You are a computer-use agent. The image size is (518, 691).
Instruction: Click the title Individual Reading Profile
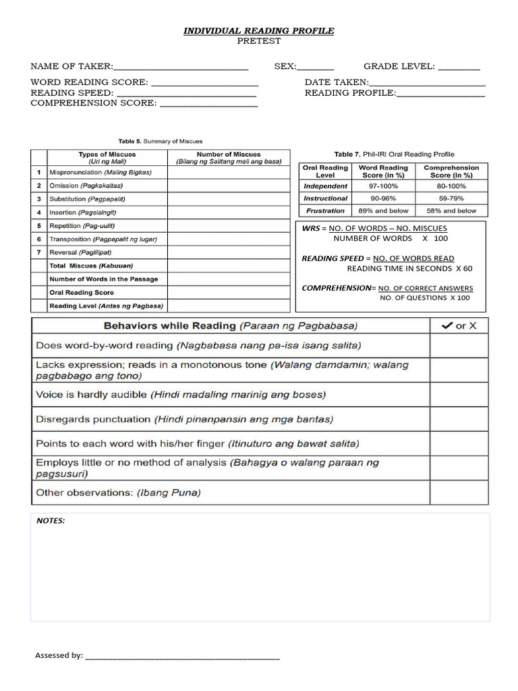click(259, 31)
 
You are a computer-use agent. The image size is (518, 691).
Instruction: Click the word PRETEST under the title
click(259, 41)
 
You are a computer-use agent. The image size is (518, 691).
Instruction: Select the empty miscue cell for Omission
click(229, 186)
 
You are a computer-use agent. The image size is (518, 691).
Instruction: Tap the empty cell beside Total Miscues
click(229, 266)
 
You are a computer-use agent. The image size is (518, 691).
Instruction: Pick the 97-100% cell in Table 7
click(382, 186)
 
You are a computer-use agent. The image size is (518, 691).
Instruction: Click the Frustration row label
click(325, 211)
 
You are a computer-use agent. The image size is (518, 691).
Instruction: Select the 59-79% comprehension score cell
click(451, 199)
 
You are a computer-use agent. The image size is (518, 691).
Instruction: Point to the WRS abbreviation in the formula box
click(310, 229)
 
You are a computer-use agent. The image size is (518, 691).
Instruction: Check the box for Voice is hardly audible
click(459, 395)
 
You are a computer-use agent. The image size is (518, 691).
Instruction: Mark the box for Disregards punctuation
click(459, 419)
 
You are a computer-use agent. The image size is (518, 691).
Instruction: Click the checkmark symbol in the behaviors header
click(447, 326)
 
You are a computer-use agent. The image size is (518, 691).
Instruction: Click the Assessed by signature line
click(182, 656)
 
